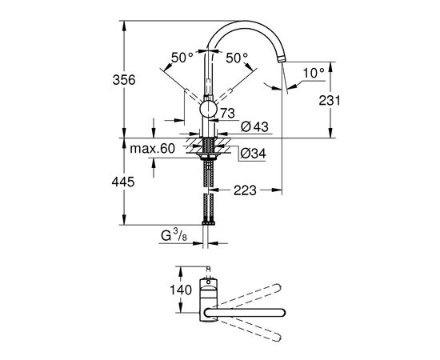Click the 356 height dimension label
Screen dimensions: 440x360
pyautogui.click(x=124, y=80)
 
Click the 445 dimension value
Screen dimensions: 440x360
pyautogui.click(x=123, y=182)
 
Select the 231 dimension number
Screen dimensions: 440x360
pyautogui.click(x=330, y=101)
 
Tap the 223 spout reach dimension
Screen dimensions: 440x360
pyautogui.click(x=245, y=190)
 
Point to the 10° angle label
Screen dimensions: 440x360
pyautogui.click(x=314, y=73)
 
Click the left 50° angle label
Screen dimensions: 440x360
pyautogui.click(x=182, y=58)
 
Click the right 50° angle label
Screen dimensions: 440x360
pyautogui.click(x=237, y=58)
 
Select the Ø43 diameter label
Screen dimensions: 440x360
pyautogui.click(x=254, y=126)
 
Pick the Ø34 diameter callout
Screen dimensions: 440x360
pyautogui.click(x=253, y=154)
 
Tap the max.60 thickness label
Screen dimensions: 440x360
pyautogui.click(x=152, y=149)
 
